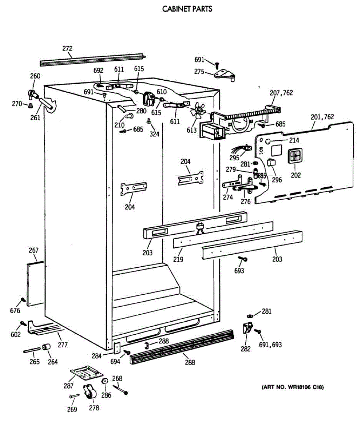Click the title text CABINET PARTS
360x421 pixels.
tap(187, 9)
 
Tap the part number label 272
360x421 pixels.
tap(67, 48)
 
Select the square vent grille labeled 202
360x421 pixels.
tap(296, 156)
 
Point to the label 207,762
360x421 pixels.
tap(281, 93)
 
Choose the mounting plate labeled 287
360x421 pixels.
tap(84, 372)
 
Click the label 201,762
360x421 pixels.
tap(322, 117)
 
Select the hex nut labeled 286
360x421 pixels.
tap(104, 382)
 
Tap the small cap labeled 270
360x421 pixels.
tap(30, 105)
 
